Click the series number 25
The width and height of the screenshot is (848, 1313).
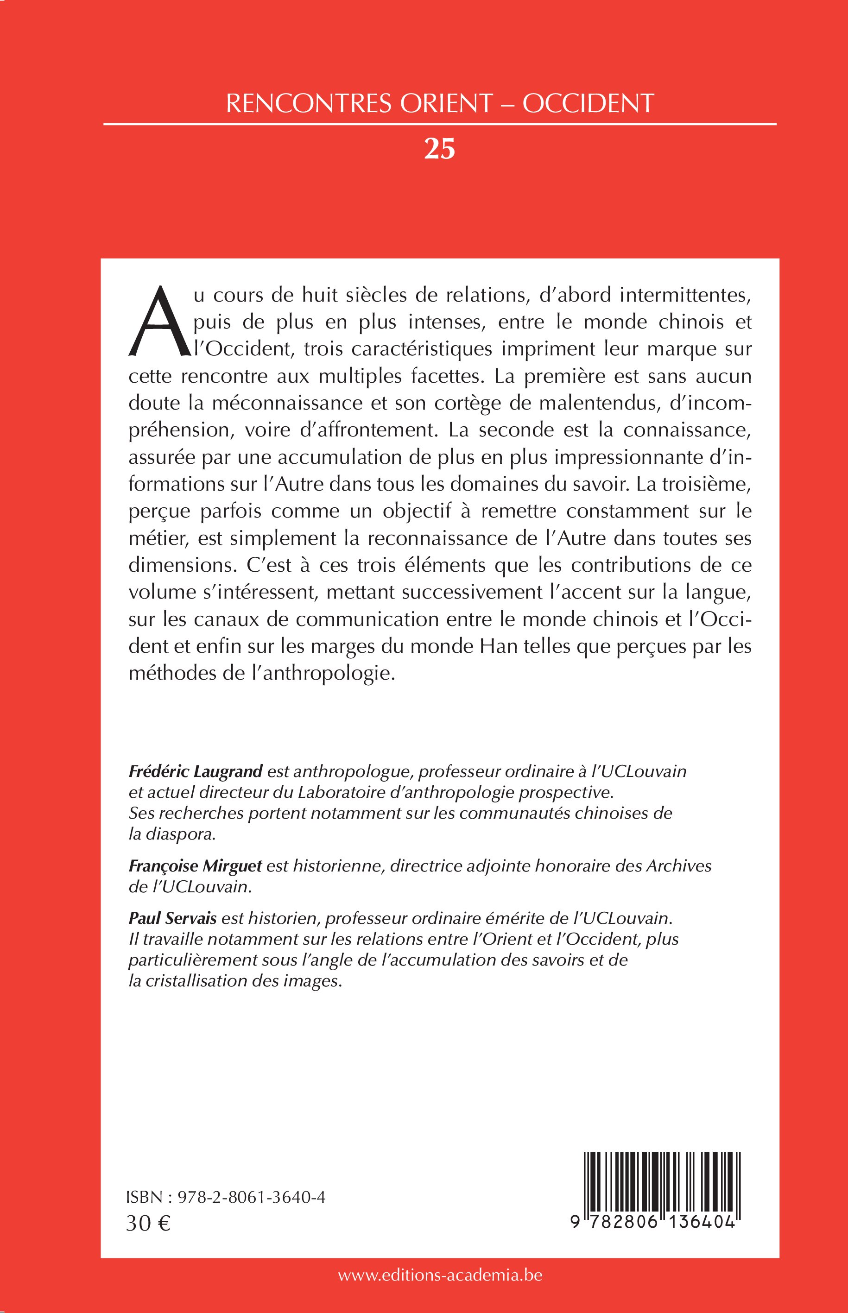[x=439, y=149]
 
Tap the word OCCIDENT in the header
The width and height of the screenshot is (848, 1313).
[x=588, y=103]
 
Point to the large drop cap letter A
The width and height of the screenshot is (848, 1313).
[x=158, y=322]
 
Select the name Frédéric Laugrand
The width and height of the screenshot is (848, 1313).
[x=196, y=771]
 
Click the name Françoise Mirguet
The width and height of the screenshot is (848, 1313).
[x=196, y=866]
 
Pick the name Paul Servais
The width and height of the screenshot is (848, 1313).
[x=172, y=918]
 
